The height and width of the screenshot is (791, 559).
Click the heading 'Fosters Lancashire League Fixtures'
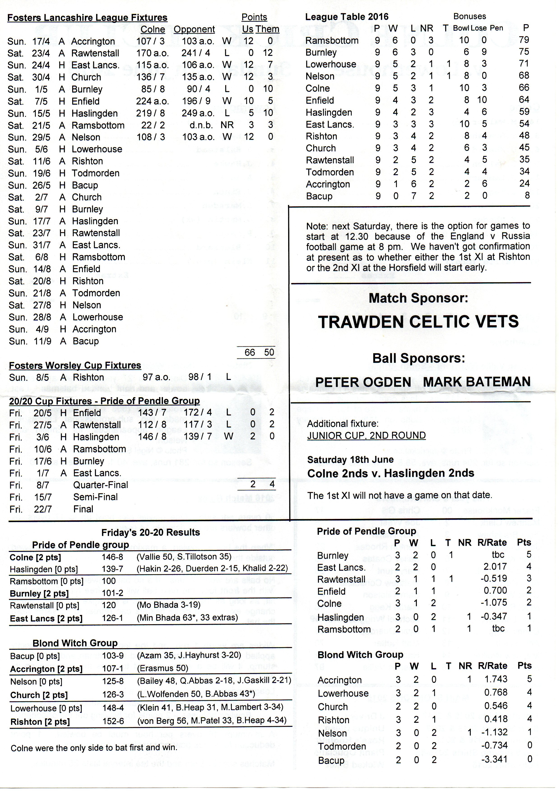tap(87, 18)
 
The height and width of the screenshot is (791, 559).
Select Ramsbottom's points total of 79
tap(524, 40)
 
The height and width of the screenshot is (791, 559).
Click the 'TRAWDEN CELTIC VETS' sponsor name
tap(418, 322)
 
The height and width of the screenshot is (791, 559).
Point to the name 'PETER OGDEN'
tap(363, 382)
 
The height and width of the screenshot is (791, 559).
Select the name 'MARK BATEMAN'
tap(477, 382)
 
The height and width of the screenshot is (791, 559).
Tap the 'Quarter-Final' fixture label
tap(100, 485)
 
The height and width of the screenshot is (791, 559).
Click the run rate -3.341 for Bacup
tap(494, 760)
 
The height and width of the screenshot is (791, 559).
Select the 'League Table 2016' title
tap(347, 17)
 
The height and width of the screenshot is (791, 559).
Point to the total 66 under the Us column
tap(250, 352)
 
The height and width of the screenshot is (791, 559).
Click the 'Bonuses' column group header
tap(469, 16)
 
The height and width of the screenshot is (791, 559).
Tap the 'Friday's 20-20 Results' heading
tap(151, 532)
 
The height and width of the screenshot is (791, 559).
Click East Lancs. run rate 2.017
tap(495, 567)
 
